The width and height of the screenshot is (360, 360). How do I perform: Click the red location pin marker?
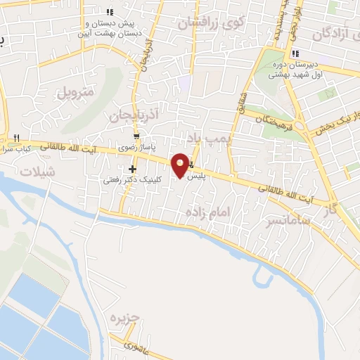tap(181, 165)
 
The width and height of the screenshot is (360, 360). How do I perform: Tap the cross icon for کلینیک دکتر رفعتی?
tap(131, 169)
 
